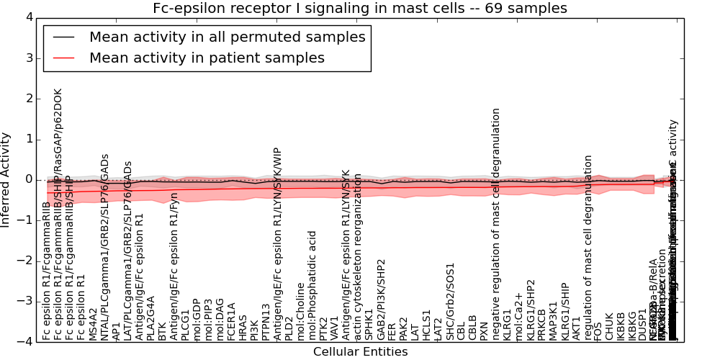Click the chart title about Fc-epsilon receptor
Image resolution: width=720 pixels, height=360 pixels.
(x=360, y=9)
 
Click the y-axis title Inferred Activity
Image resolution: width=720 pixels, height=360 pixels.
(x=6, y=179)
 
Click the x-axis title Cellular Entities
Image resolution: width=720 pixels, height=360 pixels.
(x=360, y=352)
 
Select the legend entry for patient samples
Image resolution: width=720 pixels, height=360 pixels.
(x=207, y=58)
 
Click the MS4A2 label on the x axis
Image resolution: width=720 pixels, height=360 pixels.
(x=94, y=323)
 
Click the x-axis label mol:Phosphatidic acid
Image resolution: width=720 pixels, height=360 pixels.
(x=312, y=285)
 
